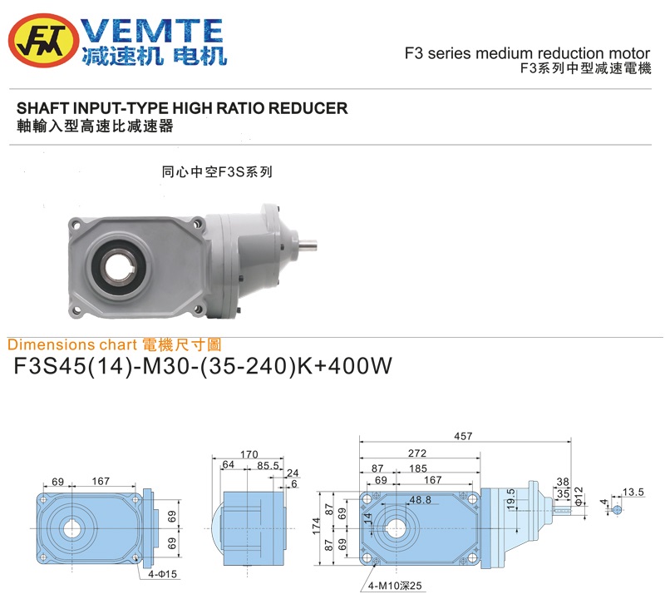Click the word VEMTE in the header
point(155,32)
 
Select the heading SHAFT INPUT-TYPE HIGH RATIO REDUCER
point(182,108)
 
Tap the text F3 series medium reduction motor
point(527,54)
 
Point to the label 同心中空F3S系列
point(216,173)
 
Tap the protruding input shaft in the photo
point(308,244)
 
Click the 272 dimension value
point(417,453)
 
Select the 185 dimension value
point(418,469)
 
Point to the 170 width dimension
point(249,454)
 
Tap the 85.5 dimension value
point(268,466)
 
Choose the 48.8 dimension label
point(420,500)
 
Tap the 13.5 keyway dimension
point(634,493)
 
